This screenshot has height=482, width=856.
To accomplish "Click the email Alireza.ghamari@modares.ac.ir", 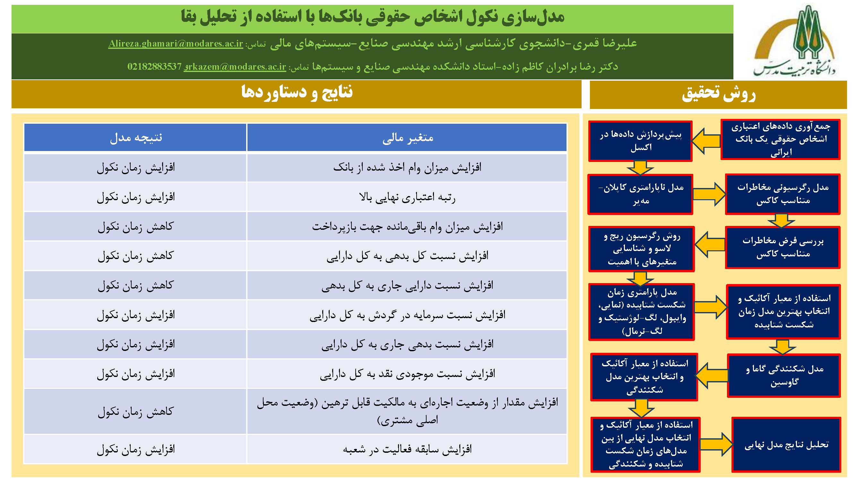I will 176,44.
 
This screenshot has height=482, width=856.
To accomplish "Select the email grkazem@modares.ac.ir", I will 235,67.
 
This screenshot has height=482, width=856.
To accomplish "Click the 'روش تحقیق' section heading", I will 718,94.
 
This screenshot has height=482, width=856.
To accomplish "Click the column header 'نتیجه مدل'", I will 135,138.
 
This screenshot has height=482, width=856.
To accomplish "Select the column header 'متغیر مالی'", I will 407,138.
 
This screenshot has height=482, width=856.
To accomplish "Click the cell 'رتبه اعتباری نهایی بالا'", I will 407,197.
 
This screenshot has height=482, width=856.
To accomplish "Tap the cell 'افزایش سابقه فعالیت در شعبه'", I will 407,449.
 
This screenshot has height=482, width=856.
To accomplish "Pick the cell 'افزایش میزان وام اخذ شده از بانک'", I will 407,167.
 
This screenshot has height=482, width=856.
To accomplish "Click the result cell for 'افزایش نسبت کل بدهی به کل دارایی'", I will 135,256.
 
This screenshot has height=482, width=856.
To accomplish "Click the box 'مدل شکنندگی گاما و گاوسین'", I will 784,376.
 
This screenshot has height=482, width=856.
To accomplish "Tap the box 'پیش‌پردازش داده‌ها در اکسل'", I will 640,141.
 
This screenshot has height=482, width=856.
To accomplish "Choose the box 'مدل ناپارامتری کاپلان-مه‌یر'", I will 640,194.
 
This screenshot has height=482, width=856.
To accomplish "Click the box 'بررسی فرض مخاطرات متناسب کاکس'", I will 783,247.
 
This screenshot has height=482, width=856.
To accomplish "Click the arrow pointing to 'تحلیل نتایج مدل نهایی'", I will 716,444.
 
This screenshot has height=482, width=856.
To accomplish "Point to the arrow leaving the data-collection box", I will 706,141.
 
